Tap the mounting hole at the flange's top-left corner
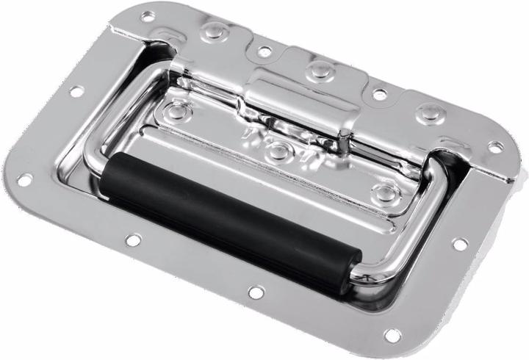pyautogui.click(x=148, y=15)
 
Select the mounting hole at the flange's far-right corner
pyautogui.click(x=496, y=147)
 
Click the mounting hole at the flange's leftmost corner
pyautogui.click(x=24, y=179)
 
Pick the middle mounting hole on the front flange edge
pyautogui.click(x=256, y=292)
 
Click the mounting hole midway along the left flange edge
pyautogui.click(x=76, y=92)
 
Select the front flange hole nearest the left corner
pyautogui.click(x=133, y=240)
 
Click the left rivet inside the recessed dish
pyautogui.click(x=178, y=111)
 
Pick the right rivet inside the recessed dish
pyautogui.click(x=383, y=192)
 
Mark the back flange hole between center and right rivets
pyautogui.click(x=379, y=94)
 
